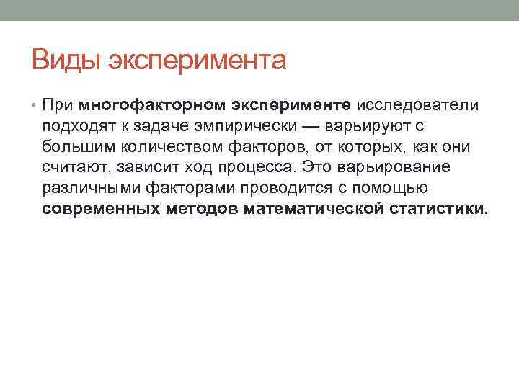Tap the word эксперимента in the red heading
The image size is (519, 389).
point(197,61)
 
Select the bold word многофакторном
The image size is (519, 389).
point(152,106)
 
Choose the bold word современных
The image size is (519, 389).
point(100,210)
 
